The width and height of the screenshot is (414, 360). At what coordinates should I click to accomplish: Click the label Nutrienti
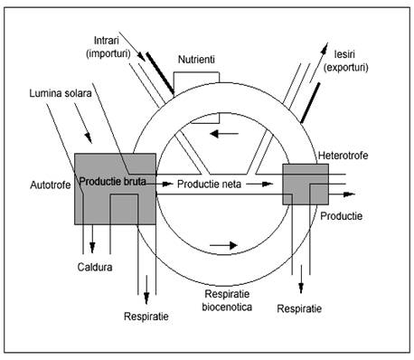coord(196,60)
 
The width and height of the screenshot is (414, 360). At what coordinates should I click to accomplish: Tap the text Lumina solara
coord(61,93)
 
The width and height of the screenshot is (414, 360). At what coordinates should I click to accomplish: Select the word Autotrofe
coord(51,185)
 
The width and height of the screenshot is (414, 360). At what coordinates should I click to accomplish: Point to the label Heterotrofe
coord(343,156)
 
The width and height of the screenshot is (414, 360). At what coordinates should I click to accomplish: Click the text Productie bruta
coord(113,181)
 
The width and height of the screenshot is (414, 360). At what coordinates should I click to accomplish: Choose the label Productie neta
coord(209,184)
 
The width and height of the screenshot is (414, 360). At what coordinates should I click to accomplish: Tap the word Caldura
coord(95,267)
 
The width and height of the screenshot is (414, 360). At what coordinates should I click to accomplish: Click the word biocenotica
coord(227,307)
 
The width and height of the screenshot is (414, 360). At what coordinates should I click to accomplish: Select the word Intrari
coord(107,41)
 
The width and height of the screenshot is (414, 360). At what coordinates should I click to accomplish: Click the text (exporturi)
coord(346,67)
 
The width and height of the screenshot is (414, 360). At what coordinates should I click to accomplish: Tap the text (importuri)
coord(108,53)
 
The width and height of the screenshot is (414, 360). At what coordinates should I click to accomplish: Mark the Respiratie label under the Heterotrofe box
coord(299,308)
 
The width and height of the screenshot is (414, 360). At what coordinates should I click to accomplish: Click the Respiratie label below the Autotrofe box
coord(146,317)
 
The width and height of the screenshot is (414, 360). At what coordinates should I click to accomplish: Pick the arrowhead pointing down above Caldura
coord(92,247)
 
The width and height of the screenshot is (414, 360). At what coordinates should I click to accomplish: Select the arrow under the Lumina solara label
coord(83,123)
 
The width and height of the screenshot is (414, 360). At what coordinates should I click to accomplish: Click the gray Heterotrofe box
coord(306,185)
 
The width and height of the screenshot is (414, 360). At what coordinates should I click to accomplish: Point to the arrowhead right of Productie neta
coord(267,184)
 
